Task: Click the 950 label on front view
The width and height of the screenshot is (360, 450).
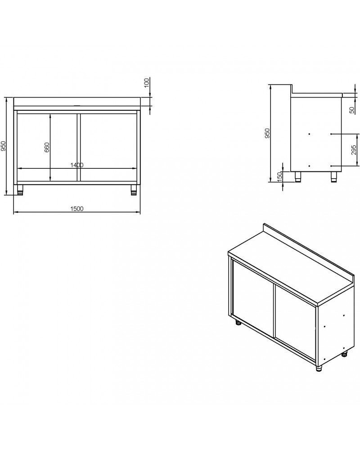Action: [4, 146]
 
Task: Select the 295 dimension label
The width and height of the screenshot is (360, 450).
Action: [353, 150]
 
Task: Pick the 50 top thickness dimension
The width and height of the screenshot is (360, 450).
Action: [351, 110]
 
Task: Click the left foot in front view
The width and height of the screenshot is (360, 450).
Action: [20, 190]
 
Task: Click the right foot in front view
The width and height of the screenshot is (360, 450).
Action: [134, 190]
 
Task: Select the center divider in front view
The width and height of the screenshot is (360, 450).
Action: [78, 146]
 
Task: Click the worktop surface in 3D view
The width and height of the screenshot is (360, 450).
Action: [288, 270]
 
